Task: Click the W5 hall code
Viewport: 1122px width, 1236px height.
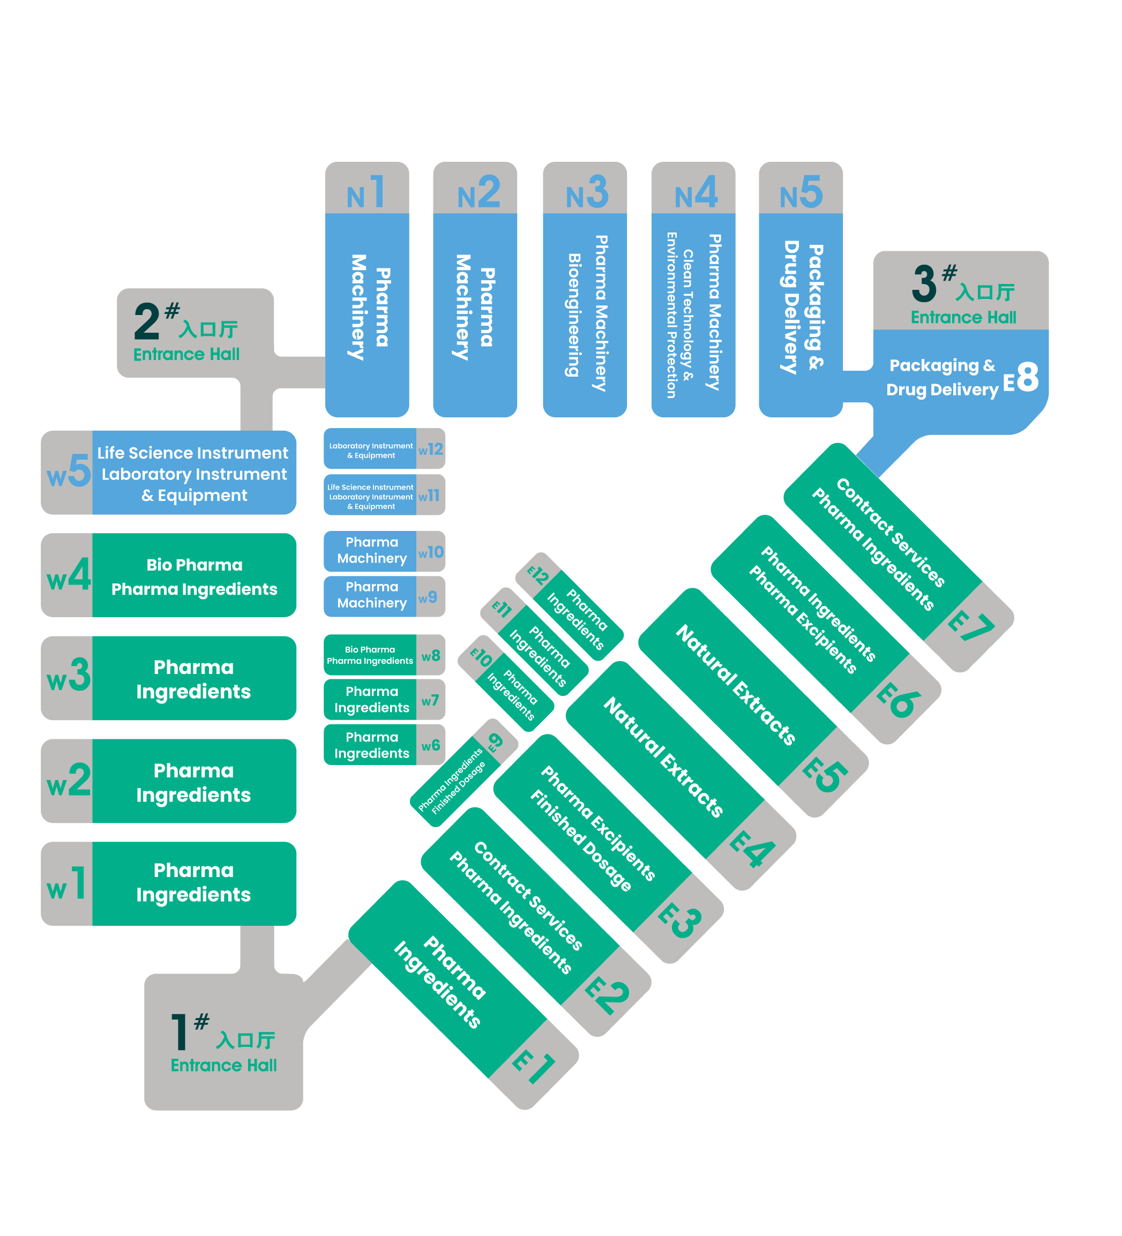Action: pos(69,471)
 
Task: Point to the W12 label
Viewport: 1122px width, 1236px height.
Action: pos(430,450)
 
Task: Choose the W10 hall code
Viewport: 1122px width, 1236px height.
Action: pos(430,552)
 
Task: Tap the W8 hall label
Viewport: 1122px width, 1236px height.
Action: pos(430,655)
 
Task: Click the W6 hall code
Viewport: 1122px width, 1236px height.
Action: pos(430,746)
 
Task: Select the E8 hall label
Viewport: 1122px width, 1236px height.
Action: pos(1020,377)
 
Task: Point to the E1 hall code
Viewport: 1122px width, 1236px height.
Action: pos(534,1066)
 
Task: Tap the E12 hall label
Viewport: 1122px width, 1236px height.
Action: pos(538,574)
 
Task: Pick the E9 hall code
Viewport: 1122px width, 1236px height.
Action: pos(496,742)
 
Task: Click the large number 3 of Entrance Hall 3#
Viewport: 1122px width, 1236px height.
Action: pos(924,283)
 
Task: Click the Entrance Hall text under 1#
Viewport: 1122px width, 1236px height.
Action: pos(224,1066)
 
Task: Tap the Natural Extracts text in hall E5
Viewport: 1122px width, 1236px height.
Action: pos(736,685)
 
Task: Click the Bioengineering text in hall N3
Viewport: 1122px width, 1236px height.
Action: pos(573,314)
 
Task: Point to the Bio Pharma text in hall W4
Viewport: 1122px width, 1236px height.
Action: pos(195,565)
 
